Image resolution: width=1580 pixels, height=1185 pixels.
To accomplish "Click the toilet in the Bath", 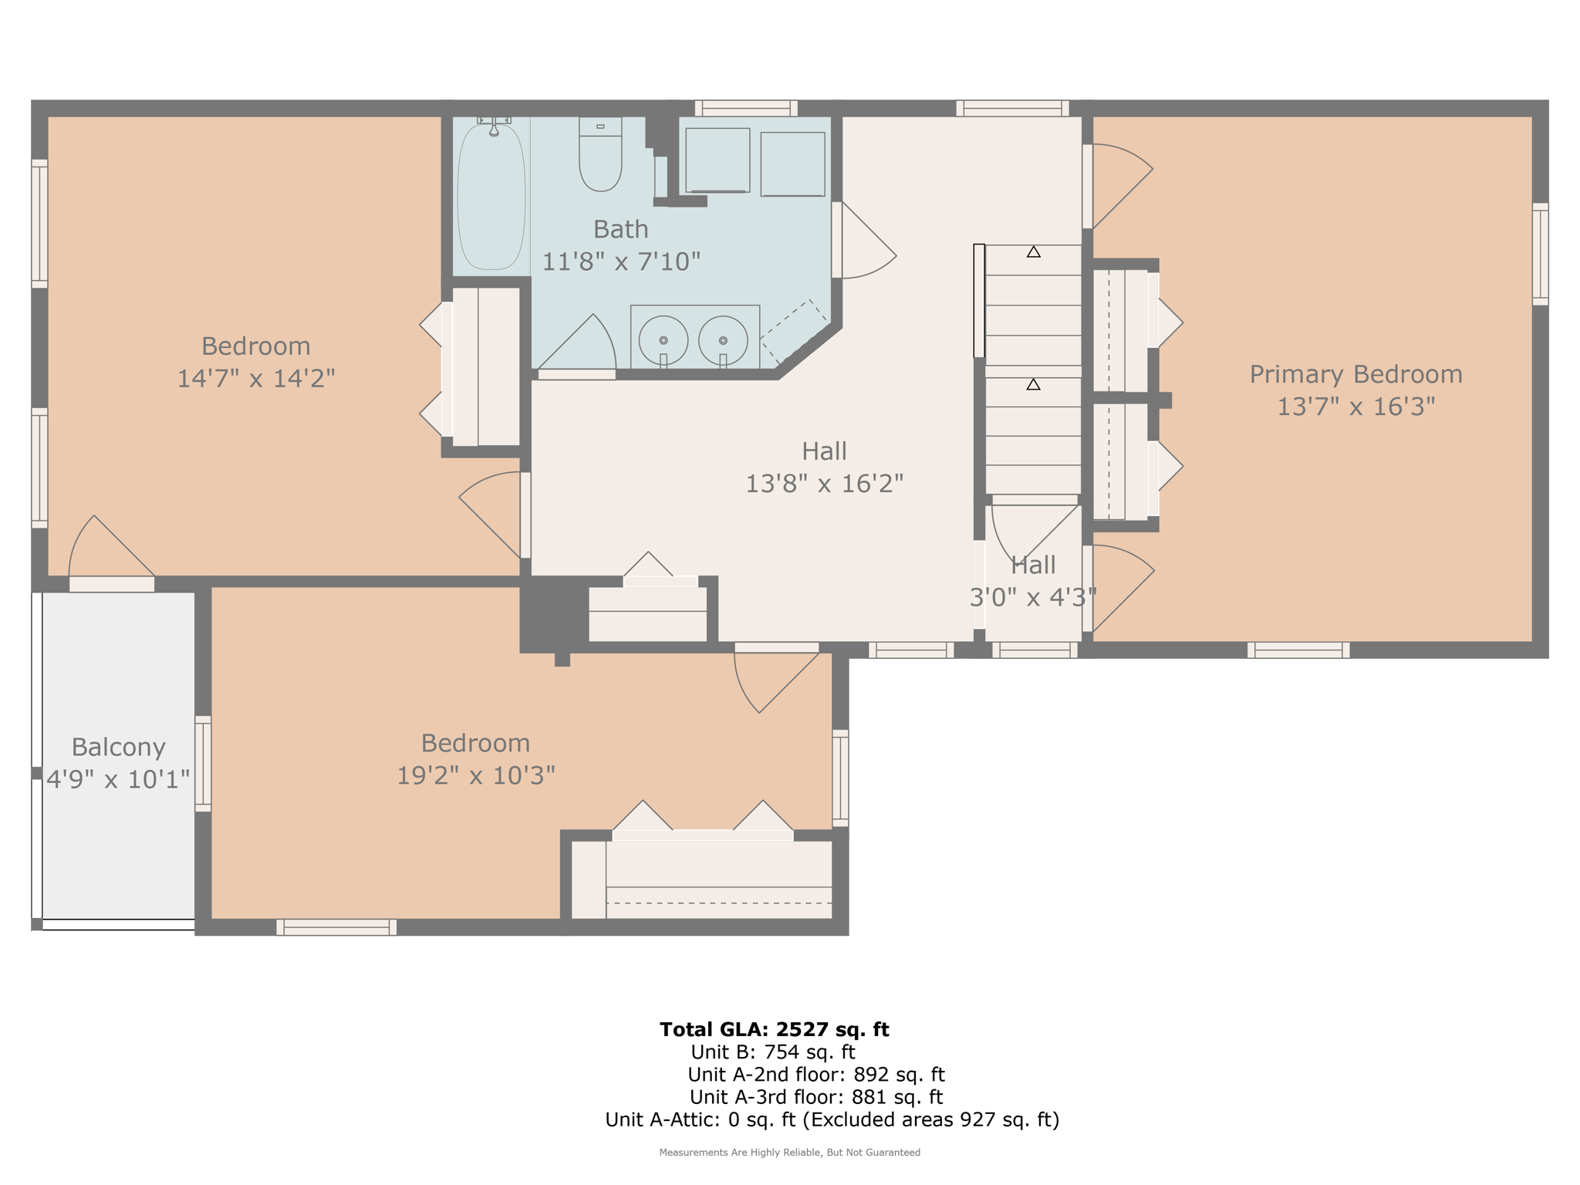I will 600,158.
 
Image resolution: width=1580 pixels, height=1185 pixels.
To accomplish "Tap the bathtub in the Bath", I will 491,197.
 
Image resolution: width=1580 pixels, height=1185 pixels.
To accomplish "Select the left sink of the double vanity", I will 663,340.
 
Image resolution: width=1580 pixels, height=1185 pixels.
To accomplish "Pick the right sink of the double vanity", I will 723,340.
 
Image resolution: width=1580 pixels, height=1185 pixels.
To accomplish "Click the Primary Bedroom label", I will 1355,374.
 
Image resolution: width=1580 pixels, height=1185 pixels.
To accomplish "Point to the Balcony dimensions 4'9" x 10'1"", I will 118,779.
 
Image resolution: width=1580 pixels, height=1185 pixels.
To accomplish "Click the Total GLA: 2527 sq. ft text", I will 774,1029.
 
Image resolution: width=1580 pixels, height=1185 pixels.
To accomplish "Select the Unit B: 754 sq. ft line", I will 772,1052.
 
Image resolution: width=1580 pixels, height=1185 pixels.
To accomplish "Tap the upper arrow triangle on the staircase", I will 1033,252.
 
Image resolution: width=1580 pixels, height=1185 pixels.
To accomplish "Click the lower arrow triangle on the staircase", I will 1033,384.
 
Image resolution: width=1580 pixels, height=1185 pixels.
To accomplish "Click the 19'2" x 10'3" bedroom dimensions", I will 475,775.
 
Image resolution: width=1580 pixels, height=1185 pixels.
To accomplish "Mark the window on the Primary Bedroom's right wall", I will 1540,254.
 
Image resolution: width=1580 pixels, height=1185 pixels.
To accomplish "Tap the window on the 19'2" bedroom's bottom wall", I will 336,927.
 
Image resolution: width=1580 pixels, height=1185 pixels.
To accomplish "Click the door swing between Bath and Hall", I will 864,243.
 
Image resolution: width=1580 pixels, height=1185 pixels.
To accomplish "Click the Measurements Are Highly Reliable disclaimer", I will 789,1153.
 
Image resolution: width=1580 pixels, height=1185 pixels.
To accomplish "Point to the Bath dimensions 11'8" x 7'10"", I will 620,262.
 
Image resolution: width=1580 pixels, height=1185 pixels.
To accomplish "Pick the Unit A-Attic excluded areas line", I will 832,1119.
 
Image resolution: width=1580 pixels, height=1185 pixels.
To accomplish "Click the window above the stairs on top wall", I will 1012,108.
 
